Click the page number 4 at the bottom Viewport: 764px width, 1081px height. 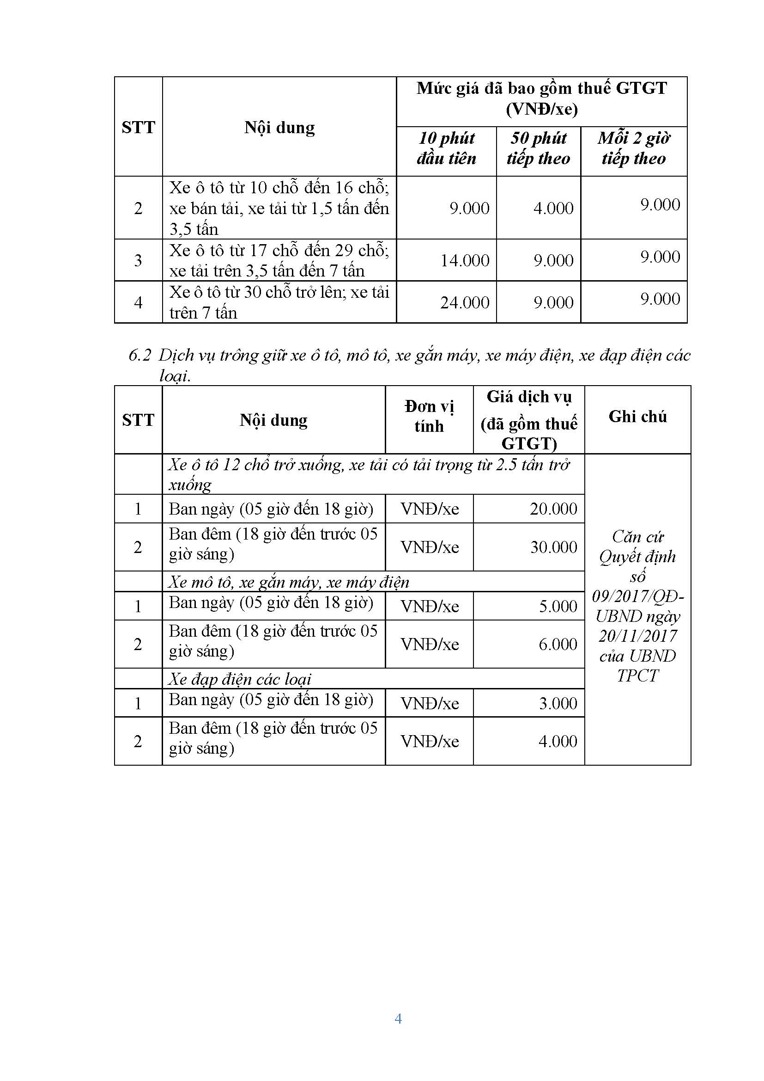click(x=398, y=1019)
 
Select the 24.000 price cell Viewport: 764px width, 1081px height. click(x=464, y=302)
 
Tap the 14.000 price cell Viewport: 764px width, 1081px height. click(x=464, y=260)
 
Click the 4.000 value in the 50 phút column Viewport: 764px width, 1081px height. click(x=553, y=208)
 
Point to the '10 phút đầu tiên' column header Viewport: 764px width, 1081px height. click(x=446, y=148)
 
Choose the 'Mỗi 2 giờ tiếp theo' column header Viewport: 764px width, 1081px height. click(x=634, y=148)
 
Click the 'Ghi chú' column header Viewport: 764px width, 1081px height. click(x=637, y=417)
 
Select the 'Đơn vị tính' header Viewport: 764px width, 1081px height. click(x=429, y=416)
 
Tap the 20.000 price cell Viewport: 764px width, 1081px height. click(x=553, y=509)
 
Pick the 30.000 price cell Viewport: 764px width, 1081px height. click(x=553, y=547)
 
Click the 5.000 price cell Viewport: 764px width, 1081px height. click(x=558, y=607)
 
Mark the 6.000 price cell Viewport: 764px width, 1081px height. click(x=558, y=644)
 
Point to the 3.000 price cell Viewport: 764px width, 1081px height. click(x=558, y=703)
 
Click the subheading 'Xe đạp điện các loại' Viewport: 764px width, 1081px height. click(x=240, y=679)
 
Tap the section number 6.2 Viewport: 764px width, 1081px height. click(x=139, y=356)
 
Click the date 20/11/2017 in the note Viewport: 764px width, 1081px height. click(x=637, y=636)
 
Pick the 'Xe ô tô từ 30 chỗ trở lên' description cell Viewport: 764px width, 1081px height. click(x=279, y=302)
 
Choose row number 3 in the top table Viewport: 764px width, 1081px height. click(x=138, y=260)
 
